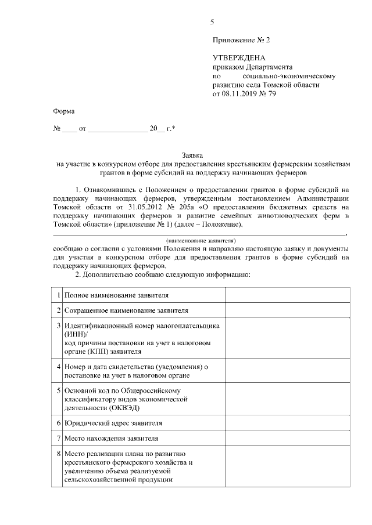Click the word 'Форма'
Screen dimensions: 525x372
pyautogui.click(x=63, y=111)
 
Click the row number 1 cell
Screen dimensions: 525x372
pyautogui.click(x=59, y=296)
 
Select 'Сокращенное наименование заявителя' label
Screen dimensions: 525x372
pyautogui.click(x=126, y=312)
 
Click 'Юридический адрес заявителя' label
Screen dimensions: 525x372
pyautogui.click(x=113, y=423)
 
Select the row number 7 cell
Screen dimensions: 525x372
pyautogui.click(x=59, y=438)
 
